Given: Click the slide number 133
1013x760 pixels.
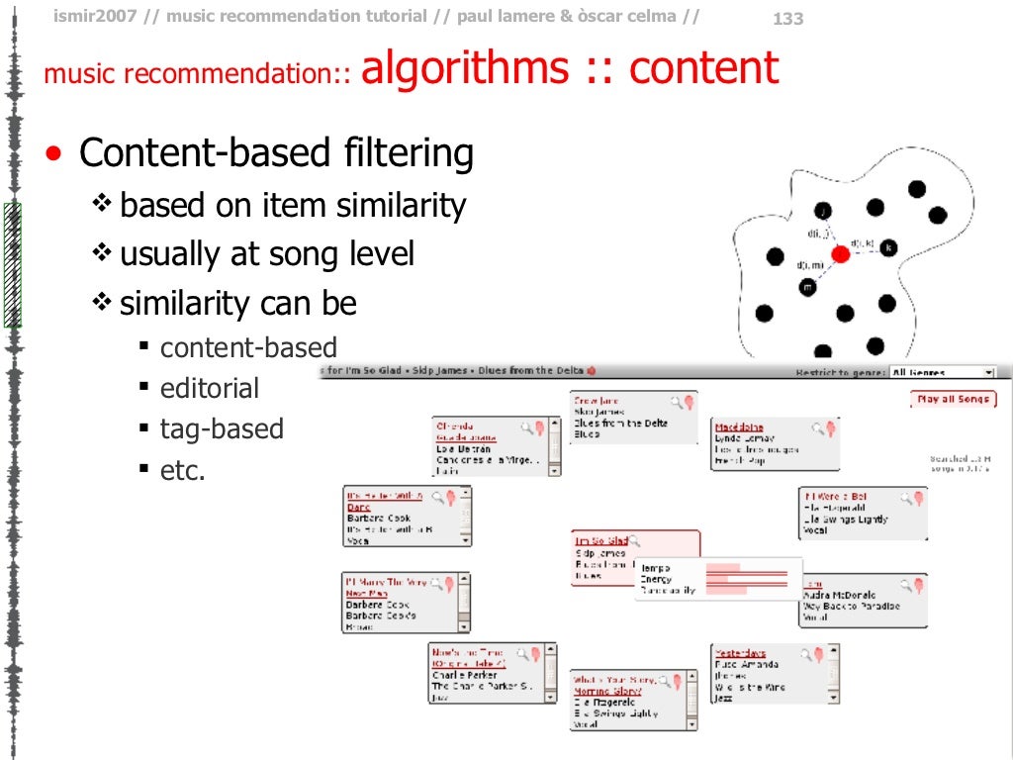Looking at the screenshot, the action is click(787, 19).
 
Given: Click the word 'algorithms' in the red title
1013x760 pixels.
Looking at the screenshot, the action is click(465, 69).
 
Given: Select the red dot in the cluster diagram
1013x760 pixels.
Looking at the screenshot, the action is click(841, 254).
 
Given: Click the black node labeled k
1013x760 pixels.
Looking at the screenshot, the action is click(888, 247).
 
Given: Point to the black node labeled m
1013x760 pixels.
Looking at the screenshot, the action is click(808, 287).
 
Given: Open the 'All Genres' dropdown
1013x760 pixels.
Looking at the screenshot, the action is click(942, 373).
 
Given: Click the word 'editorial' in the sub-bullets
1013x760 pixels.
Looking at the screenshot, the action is click(210, 389).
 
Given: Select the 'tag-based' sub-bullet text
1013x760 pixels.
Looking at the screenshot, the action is click(222, 429).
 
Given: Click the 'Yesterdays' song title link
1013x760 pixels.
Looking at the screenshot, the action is click(740, 653).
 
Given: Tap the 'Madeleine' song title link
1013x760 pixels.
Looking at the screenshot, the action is click(739, 427).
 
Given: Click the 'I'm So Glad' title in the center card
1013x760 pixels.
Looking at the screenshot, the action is click(601, 540).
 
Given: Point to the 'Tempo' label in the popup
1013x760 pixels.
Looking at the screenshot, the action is click(655, 567).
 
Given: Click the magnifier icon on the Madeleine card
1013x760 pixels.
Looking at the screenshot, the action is click(817, 428).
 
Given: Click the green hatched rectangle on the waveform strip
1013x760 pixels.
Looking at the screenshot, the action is click(13, 264).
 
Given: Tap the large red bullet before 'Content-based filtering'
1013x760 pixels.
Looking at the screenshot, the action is click(56, 154).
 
